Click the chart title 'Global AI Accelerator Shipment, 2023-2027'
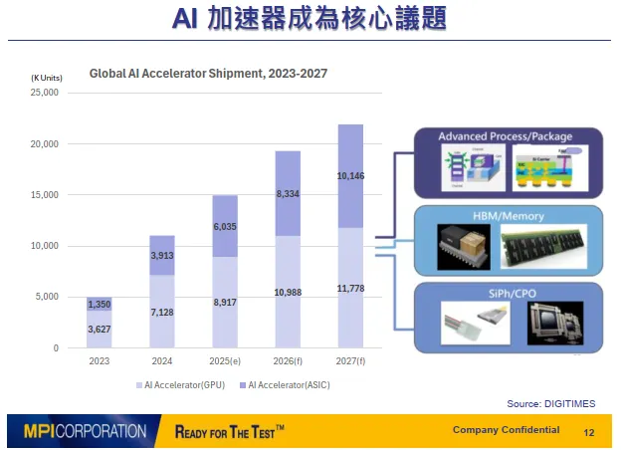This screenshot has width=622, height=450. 208,73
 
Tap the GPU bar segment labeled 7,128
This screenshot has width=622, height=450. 161,312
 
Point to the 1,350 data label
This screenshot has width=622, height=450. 100,304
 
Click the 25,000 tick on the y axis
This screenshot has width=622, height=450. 46,93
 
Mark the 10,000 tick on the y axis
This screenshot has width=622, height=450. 46,246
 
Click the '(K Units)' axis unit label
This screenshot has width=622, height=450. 47,78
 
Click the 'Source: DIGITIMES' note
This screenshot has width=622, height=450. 550,402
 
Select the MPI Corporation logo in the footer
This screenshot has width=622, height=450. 86,432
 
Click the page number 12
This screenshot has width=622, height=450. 588,433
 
